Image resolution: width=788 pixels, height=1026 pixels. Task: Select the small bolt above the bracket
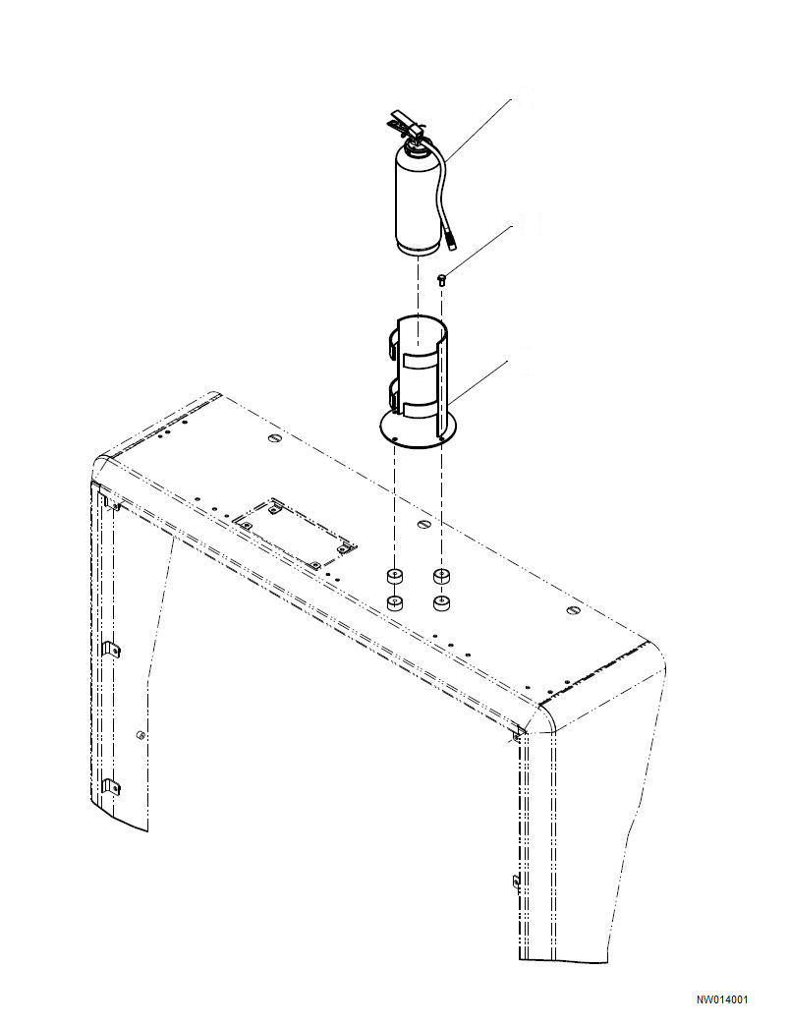(x=441, y=280)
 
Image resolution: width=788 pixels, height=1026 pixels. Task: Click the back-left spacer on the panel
(x=395, y=575)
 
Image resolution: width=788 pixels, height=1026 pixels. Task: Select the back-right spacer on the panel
(x=441, y=575)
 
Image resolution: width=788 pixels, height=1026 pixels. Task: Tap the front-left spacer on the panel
(x=395, y=602)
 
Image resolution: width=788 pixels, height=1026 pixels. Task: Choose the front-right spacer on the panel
(x=441, y=602)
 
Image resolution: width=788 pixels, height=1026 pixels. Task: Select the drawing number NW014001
(x=722, y=1000)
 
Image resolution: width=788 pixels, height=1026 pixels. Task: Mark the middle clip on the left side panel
(x=111, y=650)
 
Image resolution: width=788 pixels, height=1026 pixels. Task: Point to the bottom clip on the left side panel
(x=111, y=785)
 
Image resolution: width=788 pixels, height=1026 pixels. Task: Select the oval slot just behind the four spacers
(x=423, y=525)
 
